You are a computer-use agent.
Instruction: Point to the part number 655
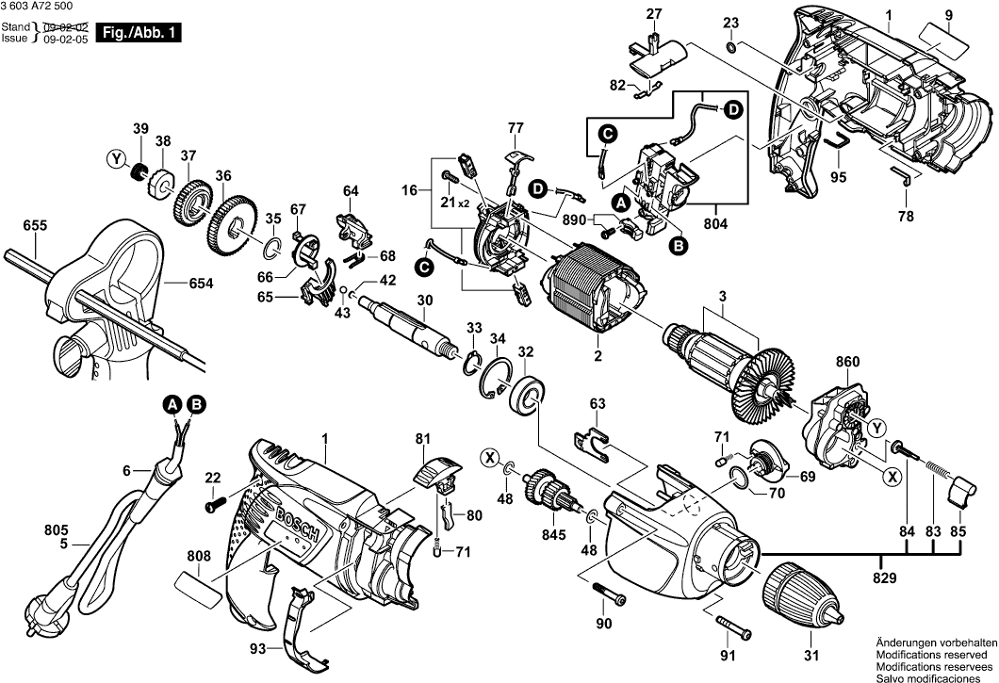(36, 226)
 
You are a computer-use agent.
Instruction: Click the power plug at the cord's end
(50, 626)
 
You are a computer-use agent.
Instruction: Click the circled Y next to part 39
(117, 160)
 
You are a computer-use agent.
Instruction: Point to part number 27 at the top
(654, 13)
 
